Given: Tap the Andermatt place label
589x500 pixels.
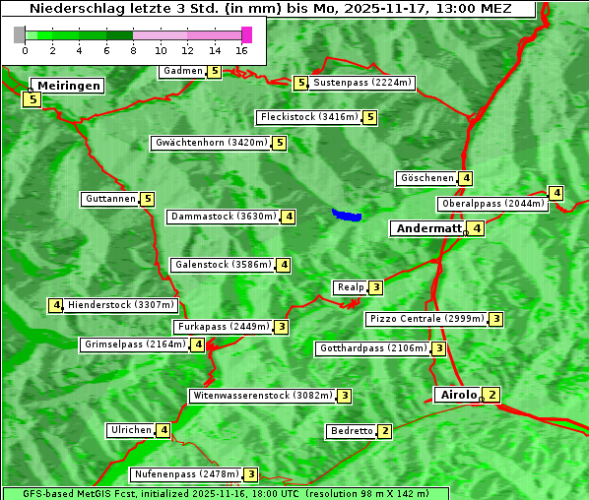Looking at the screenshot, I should point(427,228).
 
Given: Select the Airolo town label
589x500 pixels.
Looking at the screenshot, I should point(458,395).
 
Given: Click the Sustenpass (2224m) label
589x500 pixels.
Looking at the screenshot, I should point(362,83).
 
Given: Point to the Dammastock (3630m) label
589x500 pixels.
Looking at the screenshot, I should point(223,217).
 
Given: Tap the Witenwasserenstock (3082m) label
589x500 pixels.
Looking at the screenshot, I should point(261,396).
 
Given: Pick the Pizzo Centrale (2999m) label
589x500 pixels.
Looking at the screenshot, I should point(426,319).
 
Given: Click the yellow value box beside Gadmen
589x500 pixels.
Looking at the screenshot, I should point(215,71).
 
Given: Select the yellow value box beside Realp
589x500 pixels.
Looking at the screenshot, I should point(376,287).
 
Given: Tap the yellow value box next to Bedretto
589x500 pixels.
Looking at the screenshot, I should point(385,431).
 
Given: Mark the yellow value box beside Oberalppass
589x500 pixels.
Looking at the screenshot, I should point(556,193).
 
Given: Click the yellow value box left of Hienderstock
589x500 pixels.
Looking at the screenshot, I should point(56,305).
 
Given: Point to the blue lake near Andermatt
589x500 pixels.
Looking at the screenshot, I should point(347,215).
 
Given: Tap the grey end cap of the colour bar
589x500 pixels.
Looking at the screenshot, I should point(20,34).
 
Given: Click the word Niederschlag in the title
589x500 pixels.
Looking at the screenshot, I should point(74,9).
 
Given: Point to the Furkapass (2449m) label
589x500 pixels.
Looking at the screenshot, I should point(223,327).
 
